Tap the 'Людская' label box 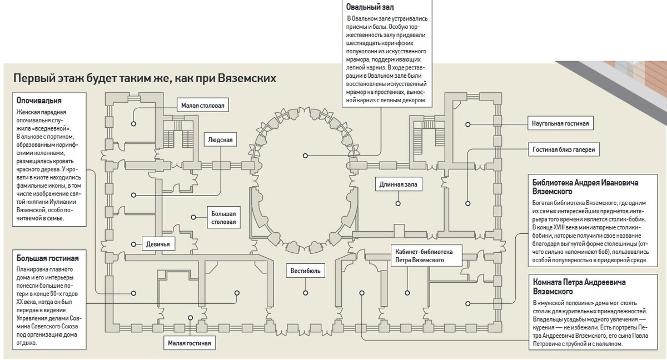click(x=220, y=141)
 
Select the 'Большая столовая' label click(x=223, y=218)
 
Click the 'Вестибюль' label click(x=305, y=271)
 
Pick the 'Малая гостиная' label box click(x=190, y=343)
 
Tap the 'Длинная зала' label click(x=398, y=184)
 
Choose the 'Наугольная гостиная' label click(x=560, y=123)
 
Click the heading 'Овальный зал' click(x=370, y=7)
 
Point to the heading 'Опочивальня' click(x=38, y=101)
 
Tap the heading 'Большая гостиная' click(x=47, y=258)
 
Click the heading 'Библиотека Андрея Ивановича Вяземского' click(x=585, y=187)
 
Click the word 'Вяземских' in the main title click(x=245, y=78)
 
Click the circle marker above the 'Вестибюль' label click(x=305, y=292)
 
